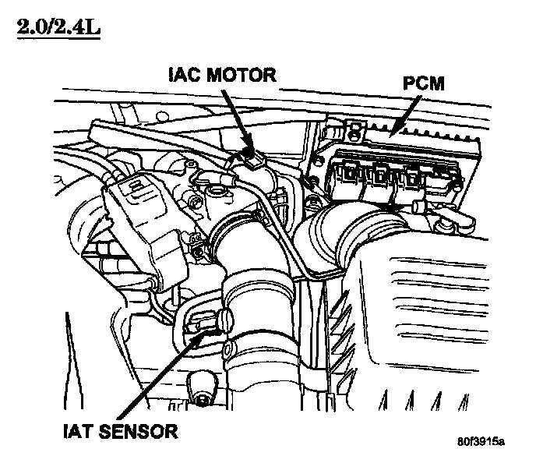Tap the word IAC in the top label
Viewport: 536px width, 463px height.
[x=183, y=76]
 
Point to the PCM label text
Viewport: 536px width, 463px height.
[x=423, y=83]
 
